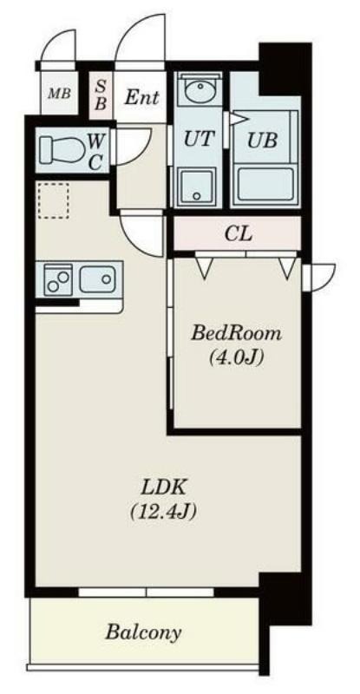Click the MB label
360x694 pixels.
[x=59, y=94]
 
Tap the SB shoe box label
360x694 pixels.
[x=101, y=95]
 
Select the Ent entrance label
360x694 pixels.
[x=141, y=96]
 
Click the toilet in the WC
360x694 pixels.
[x=62, y=149]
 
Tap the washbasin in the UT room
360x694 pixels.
[x=200, y=90]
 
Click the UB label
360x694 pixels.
[x=262, y=141]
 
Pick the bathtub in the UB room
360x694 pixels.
[x=265, y=184]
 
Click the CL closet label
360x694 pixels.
[x=239, y=233]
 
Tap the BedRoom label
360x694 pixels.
[x=237, y=333]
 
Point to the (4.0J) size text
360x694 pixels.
[x=237, y=357]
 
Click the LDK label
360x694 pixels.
[x=163, y=488]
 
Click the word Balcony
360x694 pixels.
[x=143, y=632]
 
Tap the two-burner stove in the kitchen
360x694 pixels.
[x=58, y=279]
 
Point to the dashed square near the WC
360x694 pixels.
[x=53, y=200]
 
